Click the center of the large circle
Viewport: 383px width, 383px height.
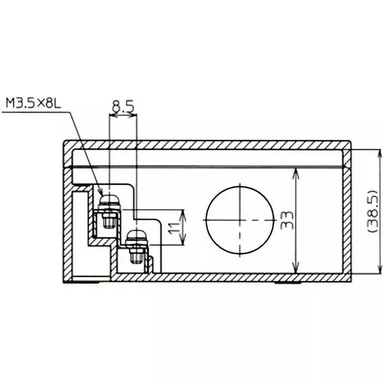pyautogui.click(x=237, y=219)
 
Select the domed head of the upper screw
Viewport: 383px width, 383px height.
pyautogui.click(x=109, y=197)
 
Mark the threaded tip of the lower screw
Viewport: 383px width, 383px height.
pyautogui.click(x=136, y=259)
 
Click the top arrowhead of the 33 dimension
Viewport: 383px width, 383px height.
pyautogui.click(x=297, y=171)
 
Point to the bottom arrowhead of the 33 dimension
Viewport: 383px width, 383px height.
pyautogui.click(x=297, y=269)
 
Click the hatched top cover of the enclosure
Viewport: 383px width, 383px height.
pyautogui.click(x=206, y=145)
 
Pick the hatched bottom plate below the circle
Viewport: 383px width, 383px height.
pyautogui.click(x=239, y=277)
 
